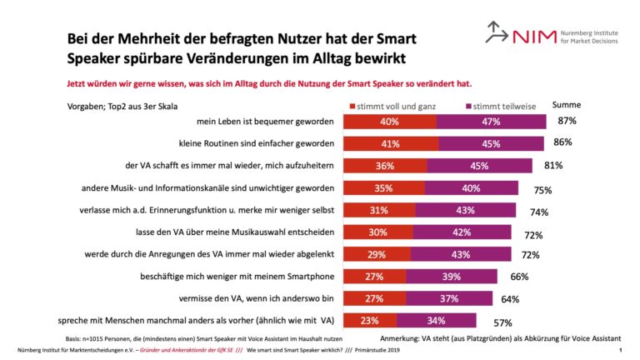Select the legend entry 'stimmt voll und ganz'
(x=395, y=107)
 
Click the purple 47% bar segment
(x=491, y=122)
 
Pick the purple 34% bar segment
(x=436, y=320)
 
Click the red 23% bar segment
(x=370, y=320)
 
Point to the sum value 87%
(x=567, y=122)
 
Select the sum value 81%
(x=553, y=165)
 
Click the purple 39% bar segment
(x=452, y=276)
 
